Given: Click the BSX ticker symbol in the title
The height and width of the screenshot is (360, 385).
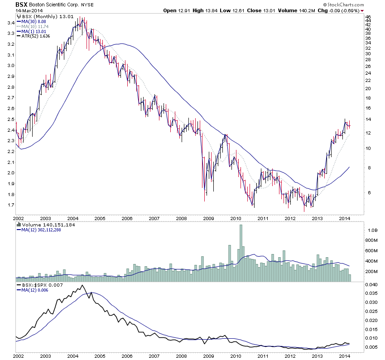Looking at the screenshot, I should [21, 4].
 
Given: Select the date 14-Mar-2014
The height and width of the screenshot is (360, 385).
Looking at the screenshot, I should [29, 10].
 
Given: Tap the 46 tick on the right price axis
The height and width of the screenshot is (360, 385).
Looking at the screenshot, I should [368, 17].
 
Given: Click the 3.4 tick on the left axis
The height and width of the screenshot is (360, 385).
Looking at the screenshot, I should [9, 23].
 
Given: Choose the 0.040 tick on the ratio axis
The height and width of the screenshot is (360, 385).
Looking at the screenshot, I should [371, 284].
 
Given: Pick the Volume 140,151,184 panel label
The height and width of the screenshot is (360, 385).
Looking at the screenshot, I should [43, 225].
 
